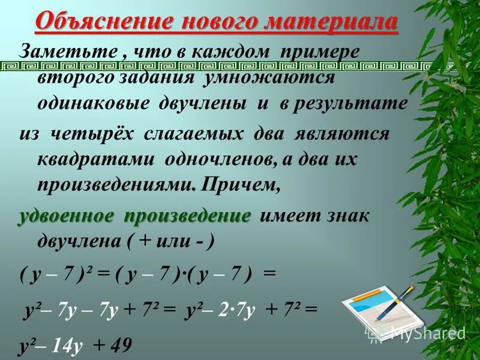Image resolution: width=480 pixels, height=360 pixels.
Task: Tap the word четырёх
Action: tap(88, 133)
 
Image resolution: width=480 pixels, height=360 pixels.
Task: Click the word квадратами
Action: tap(94, 160)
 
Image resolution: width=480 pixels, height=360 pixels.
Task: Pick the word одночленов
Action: tap(218, 160)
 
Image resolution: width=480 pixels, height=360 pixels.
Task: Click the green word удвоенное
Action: tap(66, 215)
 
